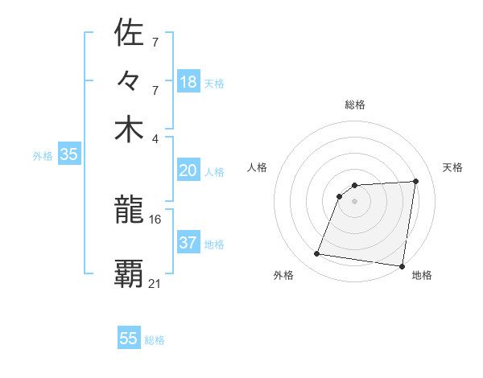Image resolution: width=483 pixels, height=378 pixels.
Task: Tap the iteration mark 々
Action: click(x=130, y=81)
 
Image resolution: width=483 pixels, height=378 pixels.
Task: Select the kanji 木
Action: click(x=130, y=129)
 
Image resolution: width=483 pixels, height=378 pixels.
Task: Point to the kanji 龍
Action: click(x=130, y=211)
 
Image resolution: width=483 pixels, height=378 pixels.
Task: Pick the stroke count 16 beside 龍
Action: click(x=155, y=219)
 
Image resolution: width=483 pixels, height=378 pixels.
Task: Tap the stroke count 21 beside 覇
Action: click(x=155, y=282)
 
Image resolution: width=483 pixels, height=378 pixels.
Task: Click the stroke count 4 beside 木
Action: click(x=155, y=138)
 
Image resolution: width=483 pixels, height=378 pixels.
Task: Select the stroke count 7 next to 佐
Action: click(x=155, y=40)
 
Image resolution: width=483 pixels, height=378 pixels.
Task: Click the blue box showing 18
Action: click(x=188, y=82)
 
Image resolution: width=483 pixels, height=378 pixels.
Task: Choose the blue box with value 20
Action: click(x=188, y=171)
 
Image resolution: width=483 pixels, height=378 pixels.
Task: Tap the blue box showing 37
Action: click(x=188, y=243)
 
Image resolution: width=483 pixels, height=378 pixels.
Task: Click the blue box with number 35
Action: click(x=68, y=155)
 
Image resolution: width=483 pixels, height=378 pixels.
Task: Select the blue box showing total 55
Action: click(x=129, y=339)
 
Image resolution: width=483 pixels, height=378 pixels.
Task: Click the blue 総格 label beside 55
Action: click(x=155, y=340)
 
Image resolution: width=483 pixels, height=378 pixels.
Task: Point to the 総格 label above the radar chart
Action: click(x=354, y=105)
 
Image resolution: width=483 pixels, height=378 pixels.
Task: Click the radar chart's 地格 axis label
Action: click(x=422, y=276)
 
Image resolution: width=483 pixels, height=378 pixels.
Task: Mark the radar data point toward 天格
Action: click(x=415, y=182)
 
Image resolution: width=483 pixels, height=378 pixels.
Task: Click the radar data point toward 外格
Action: click(x=317, y=254)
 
